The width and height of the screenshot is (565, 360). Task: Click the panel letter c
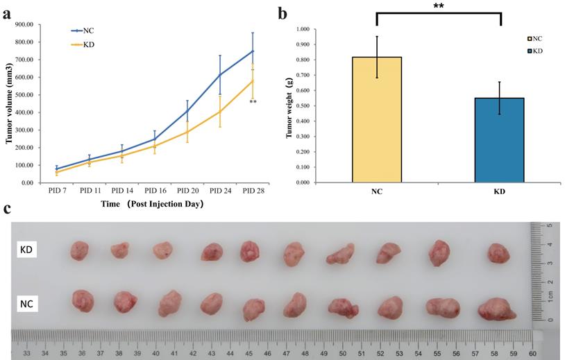(x=7, y=208)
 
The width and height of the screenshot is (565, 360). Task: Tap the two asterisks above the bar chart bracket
(x=438, y=6)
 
